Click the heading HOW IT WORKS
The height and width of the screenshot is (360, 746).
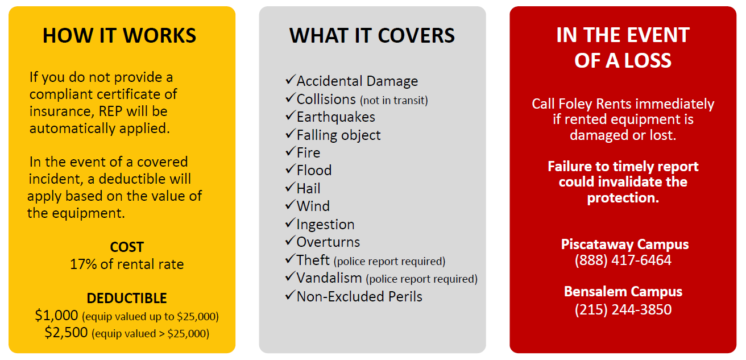[x=119, y=35]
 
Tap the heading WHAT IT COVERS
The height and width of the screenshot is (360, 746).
[x=372, y=35]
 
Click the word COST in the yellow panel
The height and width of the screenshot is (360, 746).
[x=127, y=247]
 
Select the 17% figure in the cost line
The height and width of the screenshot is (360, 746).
[x=83, y=264]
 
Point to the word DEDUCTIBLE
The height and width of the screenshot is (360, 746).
[x=127, y=298]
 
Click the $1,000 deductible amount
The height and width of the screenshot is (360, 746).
[x=56, y=315]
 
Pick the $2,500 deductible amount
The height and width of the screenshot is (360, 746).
[x=66, y=332]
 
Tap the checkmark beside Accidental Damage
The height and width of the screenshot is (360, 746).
[x=291, y=79]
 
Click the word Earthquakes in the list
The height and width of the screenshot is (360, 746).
[x=335, y=117]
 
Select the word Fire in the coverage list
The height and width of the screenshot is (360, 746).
[x=308, y=152]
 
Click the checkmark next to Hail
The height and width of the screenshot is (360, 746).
[x=291, y=187]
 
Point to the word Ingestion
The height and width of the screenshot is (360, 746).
[x=325, y=225]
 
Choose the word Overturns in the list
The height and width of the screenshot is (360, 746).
[x=328, y=242]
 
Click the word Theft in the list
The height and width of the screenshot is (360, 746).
[x=313, y=260]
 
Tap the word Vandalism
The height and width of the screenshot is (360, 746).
[x=329, y=278]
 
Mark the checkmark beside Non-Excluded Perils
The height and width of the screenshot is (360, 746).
[x=291, y=295]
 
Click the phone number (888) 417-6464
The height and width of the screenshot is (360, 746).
[x=623, y=260]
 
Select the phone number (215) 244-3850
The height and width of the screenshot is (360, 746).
[x=623, y=309]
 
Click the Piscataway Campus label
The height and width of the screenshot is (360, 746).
[x=625, y=245]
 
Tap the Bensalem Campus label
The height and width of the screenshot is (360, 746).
[x=623, y=291]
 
